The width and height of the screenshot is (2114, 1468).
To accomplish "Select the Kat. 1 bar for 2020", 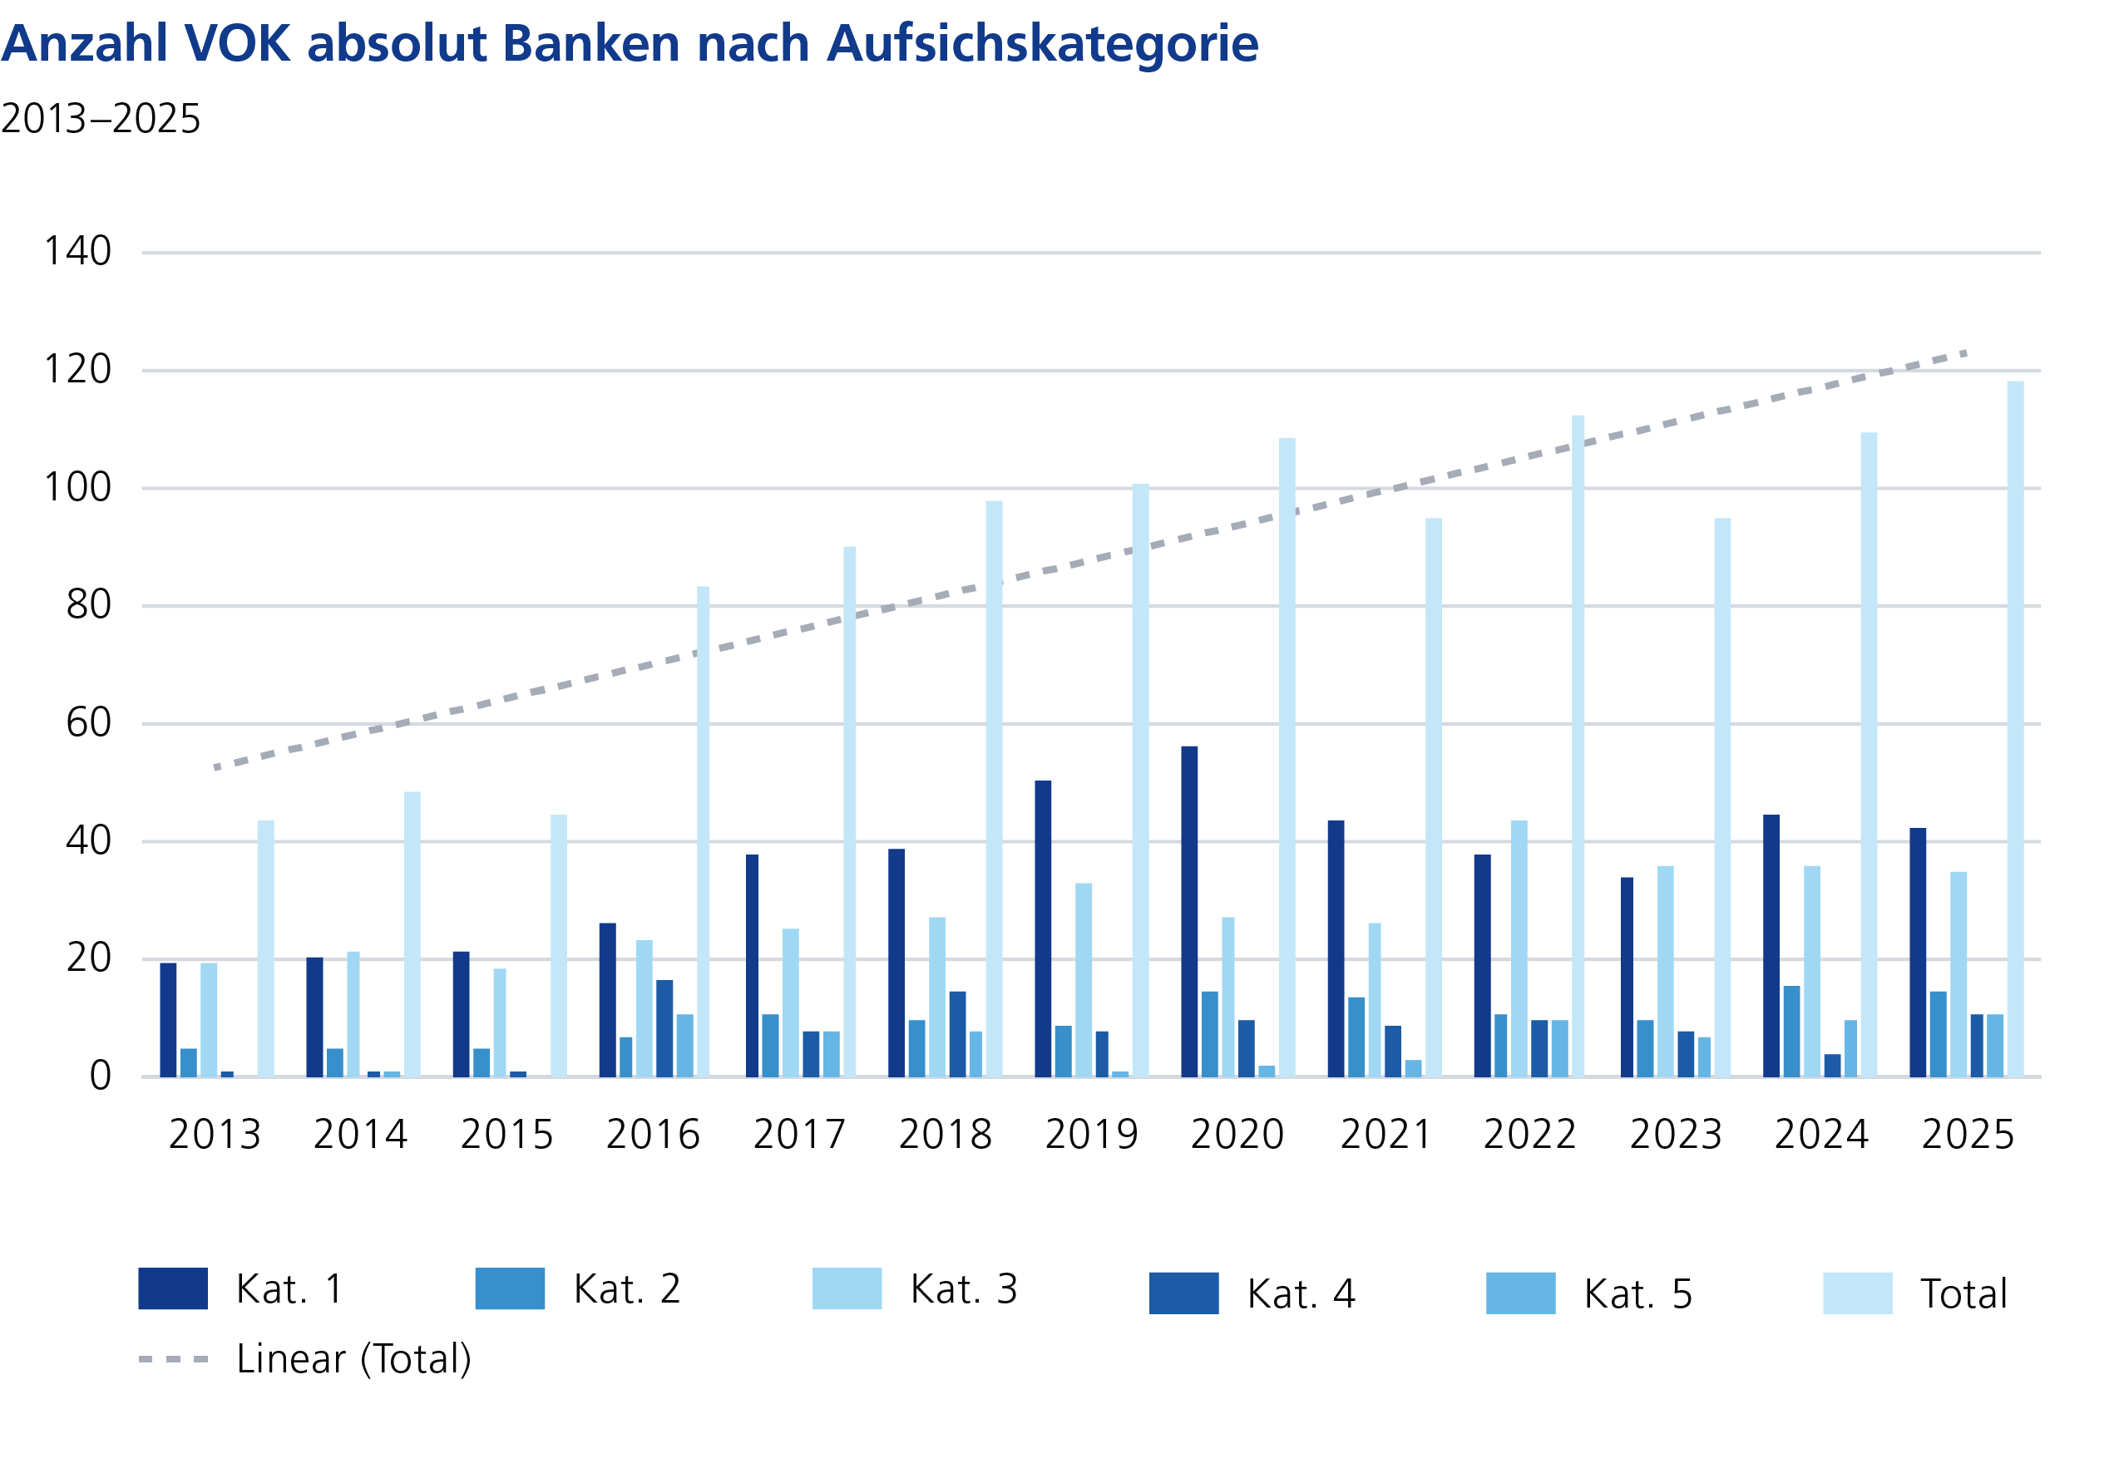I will [1188, 910].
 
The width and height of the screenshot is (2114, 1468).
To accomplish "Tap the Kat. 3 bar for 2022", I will [1518, 948].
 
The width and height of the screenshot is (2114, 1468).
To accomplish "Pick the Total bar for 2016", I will [703, 831].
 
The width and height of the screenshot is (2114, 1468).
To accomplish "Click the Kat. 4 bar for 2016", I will [664, 1028].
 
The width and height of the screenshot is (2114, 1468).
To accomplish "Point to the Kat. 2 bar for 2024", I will [1791, 1031].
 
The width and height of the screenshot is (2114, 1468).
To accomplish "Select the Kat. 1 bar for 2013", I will [168, 1020].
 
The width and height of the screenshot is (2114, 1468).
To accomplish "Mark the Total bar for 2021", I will [1433, 797].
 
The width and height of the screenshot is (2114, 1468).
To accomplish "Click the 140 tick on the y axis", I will [78, 251].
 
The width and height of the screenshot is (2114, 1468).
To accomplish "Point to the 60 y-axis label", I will [88, 723].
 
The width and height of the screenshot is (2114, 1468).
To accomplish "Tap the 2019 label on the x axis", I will [1091, 1134].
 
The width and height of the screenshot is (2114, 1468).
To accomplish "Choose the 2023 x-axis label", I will [1675, 1134].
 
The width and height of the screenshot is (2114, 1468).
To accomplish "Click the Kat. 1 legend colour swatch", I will [173, 1288].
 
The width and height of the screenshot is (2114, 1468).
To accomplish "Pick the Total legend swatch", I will [1857, 1293].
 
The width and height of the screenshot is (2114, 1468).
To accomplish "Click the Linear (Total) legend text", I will [353, 1359].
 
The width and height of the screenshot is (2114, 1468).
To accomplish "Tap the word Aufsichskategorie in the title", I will [1041, 43].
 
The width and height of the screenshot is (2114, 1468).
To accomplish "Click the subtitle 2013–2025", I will [101, 119].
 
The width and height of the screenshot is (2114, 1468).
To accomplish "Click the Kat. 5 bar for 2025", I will [1994, 1045].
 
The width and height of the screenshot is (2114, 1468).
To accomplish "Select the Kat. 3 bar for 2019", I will [1083, 979].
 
